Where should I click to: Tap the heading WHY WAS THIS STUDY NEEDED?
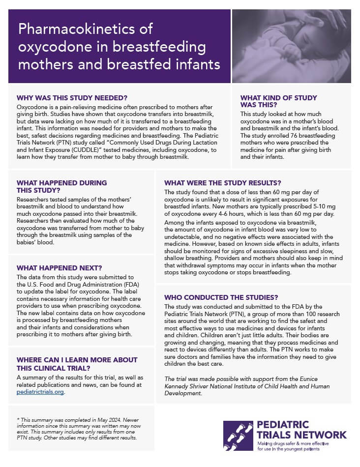pos(72,97)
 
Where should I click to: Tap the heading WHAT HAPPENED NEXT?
pos(59,268)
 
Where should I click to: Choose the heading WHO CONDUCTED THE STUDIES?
pos(221,297)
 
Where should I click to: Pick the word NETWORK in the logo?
pos(318,435)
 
